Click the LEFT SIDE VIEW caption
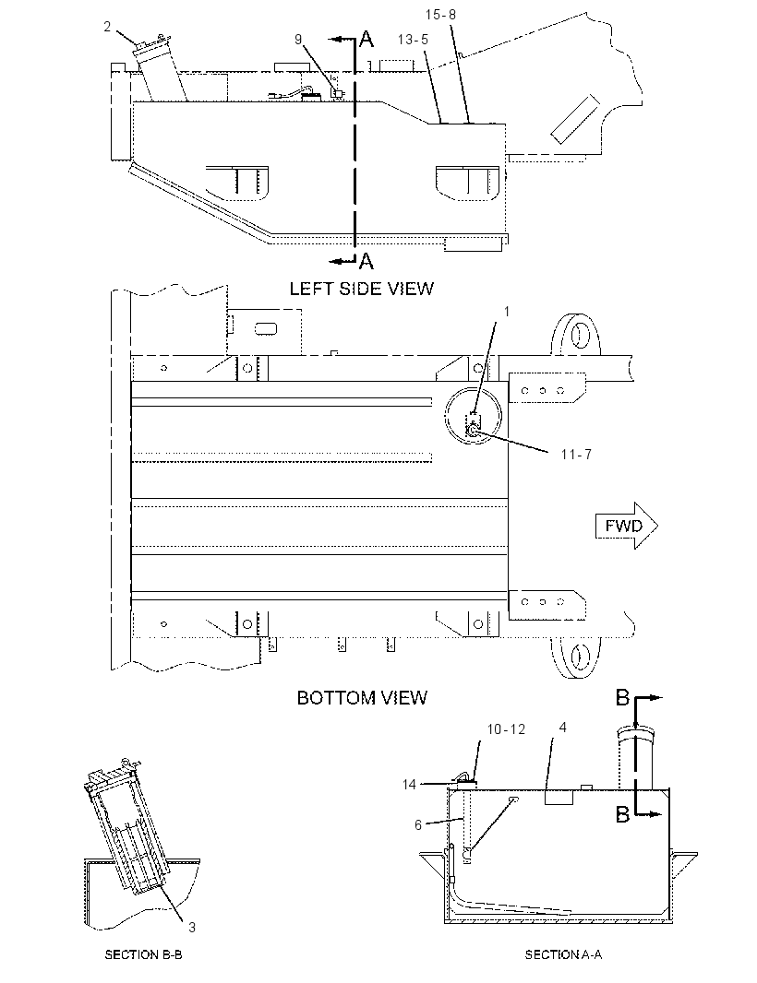point(362,289)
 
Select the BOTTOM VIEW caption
point(362,698)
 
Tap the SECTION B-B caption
point(143,954)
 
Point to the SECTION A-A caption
point(563,954)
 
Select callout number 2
point(107,27)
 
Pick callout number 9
point(298,39)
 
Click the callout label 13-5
point(413,40)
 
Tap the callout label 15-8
point(440,14)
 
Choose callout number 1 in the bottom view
point(507,312)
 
